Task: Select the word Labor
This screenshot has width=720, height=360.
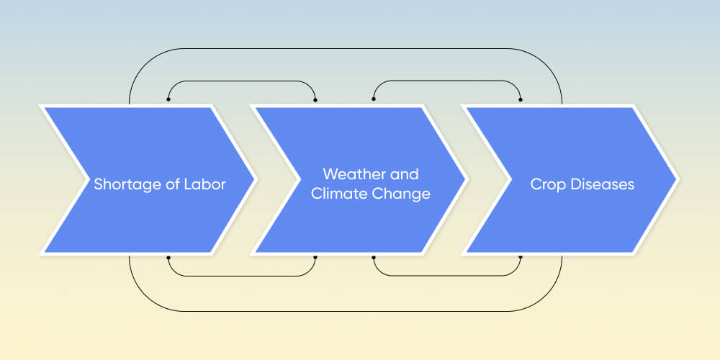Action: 205,184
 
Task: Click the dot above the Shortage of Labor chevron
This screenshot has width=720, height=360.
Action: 168,99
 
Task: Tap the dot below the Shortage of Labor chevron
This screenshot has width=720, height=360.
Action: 168,257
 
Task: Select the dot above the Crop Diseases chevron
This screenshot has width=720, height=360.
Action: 521,99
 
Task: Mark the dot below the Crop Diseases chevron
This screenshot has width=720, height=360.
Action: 521,257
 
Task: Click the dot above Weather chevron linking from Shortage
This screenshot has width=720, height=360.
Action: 315,99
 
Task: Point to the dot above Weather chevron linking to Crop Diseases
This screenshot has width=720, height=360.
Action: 373,99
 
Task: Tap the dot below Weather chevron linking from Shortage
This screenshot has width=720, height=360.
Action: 315,257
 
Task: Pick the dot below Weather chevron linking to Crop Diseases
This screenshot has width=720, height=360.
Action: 373,257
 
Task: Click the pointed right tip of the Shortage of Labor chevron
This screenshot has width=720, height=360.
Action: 253,179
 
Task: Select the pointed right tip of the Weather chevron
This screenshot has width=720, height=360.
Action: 464,179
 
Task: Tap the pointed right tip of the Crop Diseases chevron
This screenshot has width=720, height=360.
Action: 677,179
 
